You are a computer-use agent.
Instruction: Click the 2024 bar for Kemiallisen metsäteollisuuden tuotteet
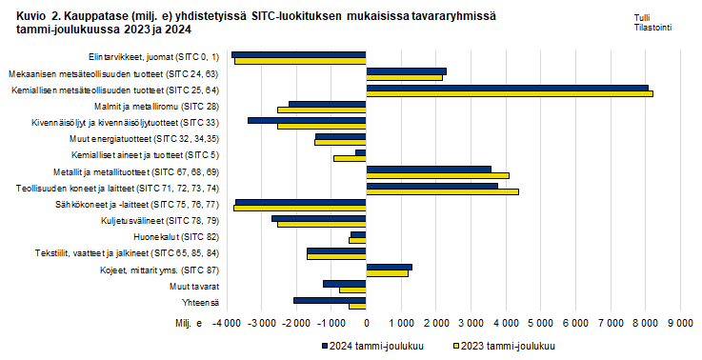pyautogui.click(x=507, y=88)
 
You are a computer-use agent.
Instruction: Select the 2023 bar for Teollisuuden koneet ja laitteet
pyautogui.click(x=442, y=192)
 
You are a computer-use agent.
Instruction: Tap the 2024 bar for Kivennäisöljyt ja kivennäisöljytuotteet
pyautogui.click(x=307, y=120)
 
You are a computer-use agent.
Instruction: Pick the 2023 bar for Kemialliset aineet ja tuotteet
pyautogui.click(x=350, y=158)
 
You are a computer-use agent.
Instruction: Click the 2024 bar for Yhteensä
pyautogui.click(x=330, y=300)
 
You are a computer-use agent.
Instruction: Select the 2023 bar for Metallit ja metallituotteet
pyautogui.click(x=437, y=175)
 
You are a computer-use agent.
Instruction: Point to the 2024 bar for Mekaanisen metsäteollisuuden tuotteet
pyautogui.click(x=406, y=70)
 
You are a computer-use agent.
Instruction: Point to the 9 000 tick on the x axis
pyautogui.click(x=679, y=324)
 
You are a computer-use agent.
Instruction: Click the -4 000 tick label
pyautogui.click(x=226, y=324)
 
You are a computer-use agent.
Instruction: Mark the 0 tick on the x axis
pyautogui.click(x=367, y=324)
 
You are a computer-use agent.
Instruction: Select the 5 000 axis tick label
pyautogui.click(x=540, y=324)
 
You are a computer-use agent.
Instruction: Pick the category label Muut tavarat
pyautogui.click(x=194, y=286)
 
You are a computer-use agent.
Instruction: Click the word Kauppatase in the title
pyautogui.click(x=85, y=16)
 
